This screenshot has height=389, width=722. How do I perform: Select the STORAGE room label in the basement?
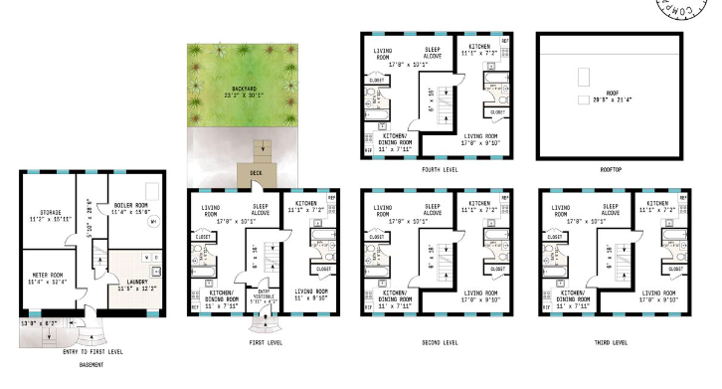pyautogui.click(x=49, y=210)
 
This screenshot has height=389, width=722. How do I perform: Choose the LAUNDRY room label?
pyautogui.click(x=133, y=283)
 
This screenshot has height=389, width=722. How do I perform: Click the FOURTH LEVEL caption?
pyautogui.click(x=439, y=170)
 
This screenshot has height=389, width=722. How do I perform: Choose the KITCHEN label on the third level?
pyautogui.click(x=650, y=203)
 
